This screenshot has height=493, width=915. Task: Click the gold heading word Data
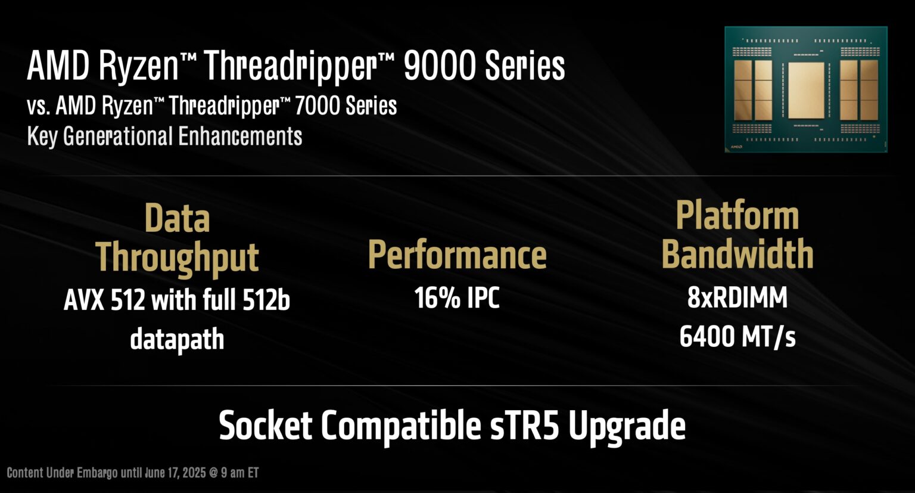(177, 218)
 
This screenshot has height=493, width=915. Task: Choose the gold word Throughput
(177, 258)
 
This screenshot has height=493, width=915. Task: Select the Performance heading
(457, 255)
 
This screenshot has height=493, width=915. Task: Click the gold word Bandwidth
(737, 254)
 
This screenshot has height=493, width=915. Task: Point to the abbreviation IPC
(483, 297)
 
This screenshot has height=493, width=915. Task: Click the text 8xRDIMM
(737, 297)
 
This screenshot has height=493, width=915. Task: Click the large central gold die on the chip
(805, 89)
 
